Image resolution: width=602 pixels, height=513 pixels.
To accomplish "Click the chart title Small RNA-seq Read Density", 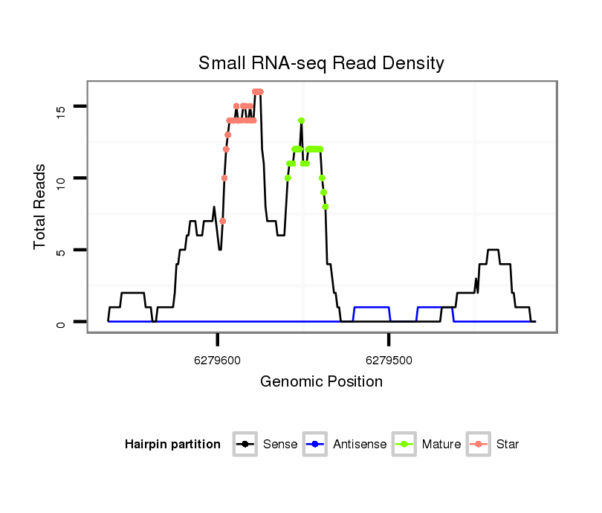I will click(x=321, y=63).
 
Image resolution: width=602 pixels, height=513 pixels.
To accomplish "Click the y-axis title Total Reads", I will click(x=40, y=207).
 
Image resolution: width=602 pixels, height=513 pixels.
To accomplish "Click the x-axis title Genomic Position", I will click(x=321, y=382).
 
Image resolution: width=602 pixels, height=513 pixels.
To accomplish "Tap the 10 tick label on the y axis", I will click(x=62, y=178).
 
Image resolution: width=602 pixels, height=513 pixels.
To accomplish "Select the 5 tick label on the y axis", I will click(x=62, y=251).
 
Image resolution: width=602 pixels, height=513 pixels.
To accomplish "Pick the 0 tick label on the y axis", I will click(x=62, y=323).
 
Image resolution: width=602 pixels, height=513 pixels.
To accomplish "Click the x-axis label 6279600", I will click(x=217, y=360).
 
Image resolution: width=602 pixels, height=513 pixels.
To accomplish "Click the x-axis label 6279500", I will click(x=389, y=360).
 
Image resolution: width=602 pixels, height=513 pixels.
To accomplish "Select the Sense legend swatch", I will click(x=245, y=445).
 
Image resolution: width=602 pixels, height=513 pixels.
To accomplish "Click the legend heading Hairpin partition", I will click(x=172, y=445).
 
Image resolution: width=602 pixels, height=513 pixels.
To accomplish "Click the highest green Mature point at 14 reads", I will click(x=301, y=120).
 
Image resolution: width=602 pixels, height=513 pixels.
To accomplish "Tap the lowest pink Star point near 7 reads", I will click(x=222, y=222).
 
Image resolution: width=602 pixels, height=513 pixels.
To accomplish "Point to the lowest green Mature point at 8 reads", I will click(x=325, y=207).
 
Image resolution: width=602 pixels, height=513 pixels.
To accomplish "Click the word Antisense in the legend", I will click(x=360, y=445).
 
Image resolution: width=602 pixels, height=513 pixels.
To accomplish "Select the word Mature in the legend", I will click(x=441, y=445).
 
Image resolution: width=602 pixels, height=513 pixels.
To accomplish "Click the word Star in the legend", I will click(x=507, y=445).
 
